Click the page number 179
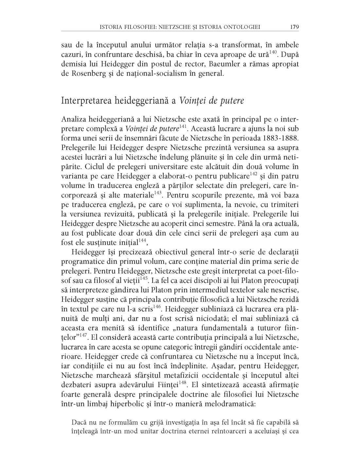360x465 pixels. tap(294, 27)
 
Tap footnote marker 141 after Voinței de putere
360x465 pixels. tap(183, 126)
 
